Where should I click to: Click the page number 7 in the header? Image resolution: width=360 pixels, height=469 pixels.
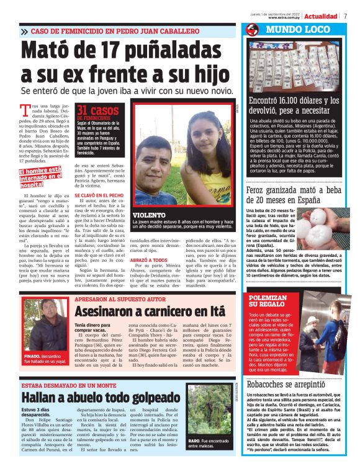346,16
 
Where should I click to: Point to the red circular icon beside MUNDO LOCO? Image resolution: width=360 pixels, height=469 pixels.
252,30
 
